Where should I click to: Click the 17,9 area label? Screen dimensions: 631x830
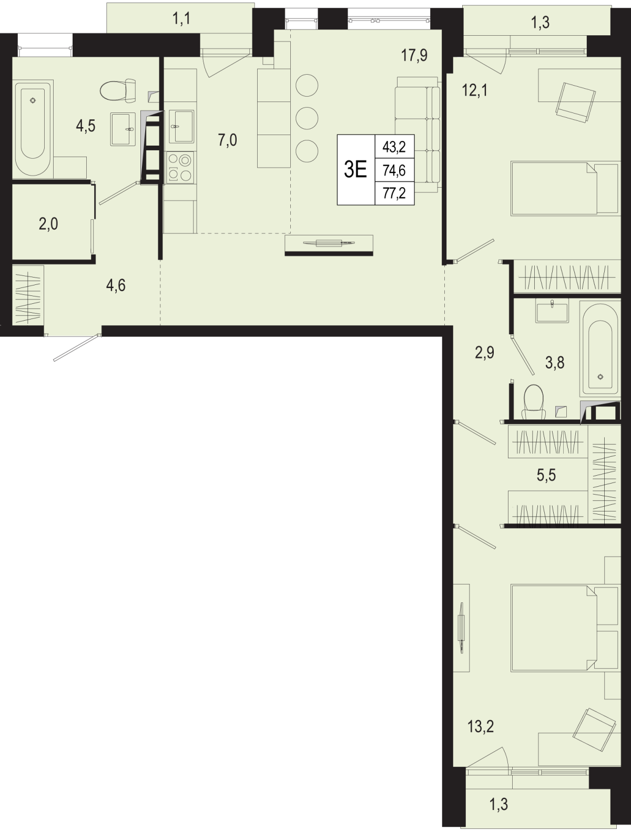coord(414,56)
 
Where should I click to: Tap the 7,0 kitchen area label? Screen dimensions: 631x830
coord(227,140)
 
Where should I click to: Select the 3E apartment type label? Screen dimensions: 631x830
coord(355,170)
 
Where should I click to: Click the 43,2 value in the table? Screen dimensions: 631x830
coord(394,146)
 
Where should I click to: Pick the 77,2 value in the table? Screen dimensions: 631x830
coord(394,193)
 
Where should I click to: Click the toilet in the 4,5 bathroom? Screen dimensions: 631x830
coord(118,90)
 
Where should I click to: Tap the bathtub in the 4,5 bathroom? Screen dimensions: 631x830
coord(33,127)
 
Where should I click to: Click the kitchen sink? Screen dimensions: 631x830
coord(181,126)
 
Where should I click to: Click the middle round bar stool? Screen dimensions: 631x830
coord(307,118)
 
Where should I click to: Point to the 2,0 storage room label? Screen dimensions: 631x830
coord(48,224)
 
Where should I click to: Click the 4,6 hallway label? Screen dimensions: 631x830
coord(116,285)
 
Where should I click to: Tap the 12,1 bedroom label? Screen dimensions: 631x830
coord(475,90)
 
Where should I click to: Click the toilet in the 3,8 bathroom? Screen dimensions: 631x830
coord(534,402)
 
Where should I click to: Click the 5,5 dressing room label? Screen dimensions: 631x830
coord(546,475)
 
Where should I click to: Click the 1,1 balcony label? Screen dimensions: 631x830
coord(181,18)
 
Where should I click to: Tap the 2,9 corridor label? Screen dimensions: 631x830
coord(485,352)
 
